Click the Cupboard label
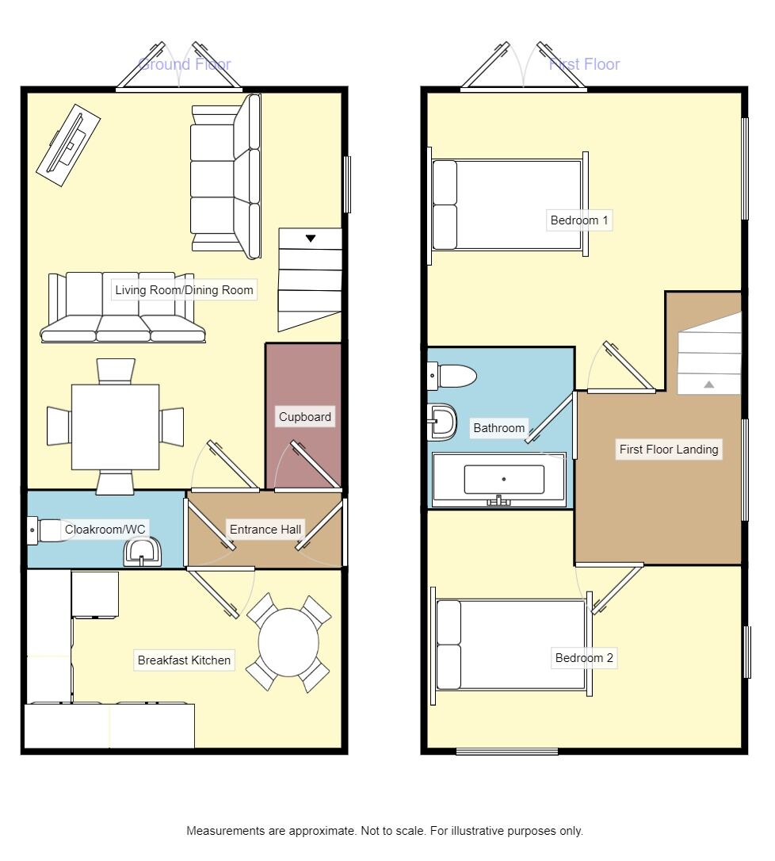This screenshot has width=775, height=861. pos(305,417)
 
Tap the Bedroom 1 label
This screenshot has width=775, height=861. pos(579,220)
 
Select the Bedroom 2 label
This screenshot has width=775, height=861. pos(584,658)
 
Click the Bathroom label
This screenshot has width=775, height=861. pos(498,428)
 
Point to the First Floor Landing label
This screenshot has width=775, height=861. pos(669,450)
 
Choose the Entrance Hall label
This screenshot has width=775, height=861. pos(265,530)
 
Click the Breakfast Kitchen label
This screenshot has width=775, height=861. pos(184,660)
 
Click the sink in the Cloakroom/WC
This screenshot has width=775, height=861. pos(143,552)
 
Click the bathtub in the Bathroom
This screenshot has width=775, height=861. pos(499,479)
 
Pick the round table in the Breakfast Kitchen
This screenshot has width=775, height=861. pos(288,643)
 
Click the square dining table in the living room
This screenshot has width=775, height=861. pos(115,427)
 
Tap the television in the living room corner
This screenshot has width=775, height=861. pos(67,145)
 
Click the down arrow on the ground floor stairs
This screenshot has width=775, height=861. pos(311,238)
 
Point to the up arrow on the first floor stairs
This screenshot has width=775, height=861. pos(709,385)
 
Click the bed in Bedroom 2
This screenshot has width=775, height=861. pos(510,645)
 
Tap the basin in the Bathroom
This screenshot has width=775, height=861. pos(442,422)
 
